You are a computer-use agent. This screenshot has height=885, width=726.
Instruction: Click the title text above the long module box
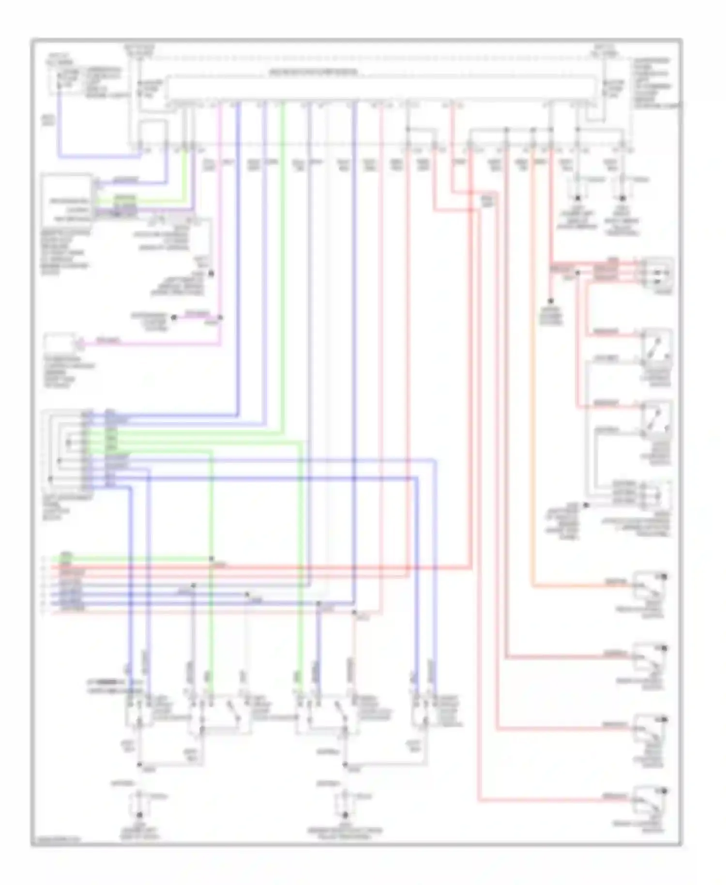[314, 73]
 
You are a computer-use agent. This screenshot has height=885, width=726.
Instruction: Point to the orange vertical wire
[533, 368]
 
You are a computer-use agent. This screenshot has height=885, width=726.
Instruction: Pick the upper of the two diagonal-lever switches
[656, 346]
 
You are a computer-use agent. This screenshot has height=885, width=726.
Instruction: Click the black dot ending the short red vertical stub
[550, 302]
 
